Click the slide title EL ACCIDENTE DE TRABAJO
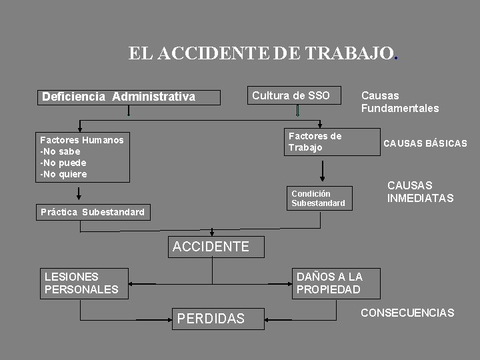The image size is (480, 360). click(x=263, y=53)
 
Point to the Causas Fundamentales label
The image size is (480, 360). click(x=399, y=101)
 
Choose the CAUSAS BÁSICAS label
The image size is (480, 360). click(x=425, y=143)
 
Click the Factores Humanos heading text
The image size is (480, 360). click(x=81, y=140)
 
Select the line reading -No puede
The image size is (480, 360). click(x=63, y=163)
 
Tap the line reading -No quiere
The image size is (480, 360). click(x=63, y=174)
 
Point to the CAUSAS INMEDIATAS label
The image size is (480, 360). click(x=420, y=192)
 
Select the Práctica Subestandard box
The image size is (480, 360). click(x=93, y=212)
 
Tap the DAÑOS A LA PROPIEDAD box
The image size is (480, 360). click(x=336, y=283)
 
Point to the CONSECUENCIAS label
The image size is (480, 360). click(x=407, y=313)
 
